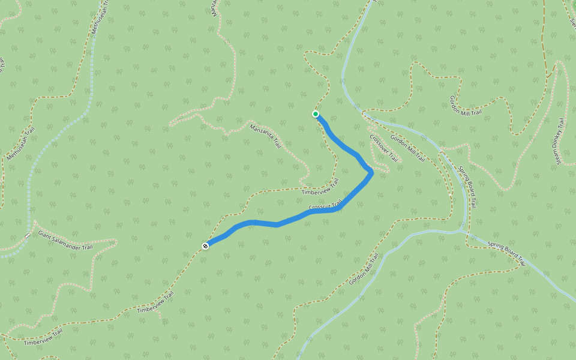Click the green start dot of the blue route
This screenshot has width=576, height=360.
pyautogui.click(x=316, y=114)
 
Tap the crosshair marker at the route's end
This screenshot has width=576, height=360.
pyautogui.click(x=205, y=245)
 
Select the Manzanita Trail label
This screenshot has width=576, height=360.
pyautogui.click(x=266, y=136)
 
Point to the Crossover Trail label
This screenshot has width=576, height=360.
pyautogui.click(x=384, y=148)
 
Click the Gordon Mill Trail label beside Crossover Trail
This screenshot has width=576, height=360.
pyautogui.click(x=408, y=149)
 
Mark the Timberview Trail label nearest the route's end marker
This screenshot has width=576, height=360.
pyautogui.click(x=155, y=302)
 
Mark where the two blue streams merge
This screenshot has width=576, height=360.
pyautogui.click(x=461, y=230)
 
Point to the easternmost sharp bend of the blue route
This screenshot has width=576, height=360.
pyautogui.click(x=372, y=173)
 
